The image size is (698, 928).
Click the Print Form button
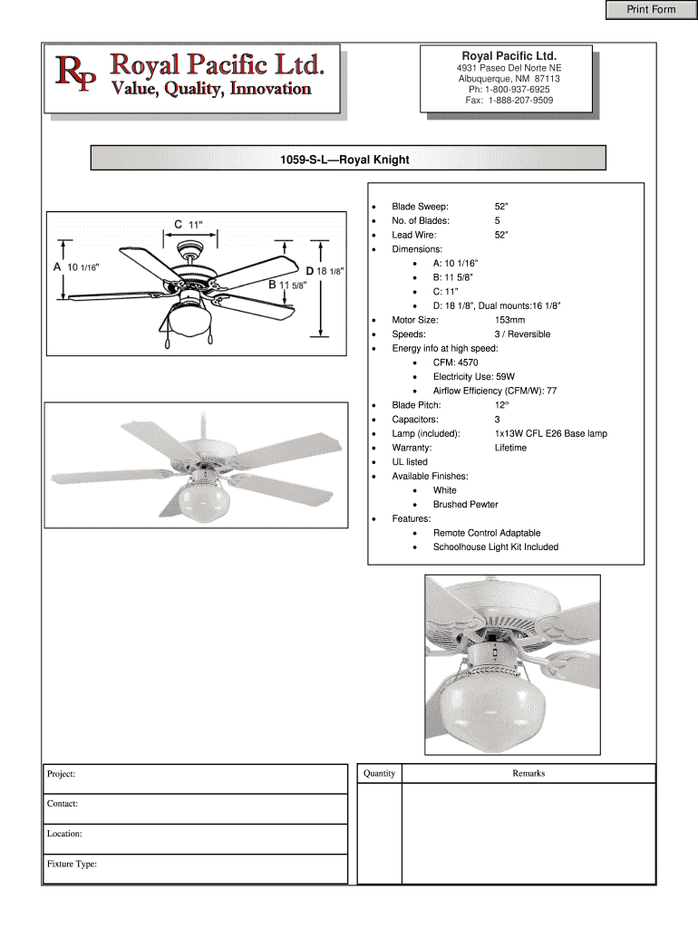651,10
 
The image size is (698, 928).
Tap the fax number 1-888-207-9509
519,101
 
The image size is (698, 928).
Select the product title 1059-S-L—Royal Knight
344,159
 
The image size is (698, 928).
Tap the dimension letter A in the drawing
57,267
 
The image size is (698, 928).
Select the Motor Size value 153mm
509,320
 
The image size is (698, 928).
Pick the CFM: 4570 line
455,362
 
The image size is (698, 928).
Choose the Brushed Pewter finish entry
465,505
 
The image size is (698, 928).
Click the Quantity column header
380,773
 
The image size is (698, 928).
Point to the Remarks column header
528,773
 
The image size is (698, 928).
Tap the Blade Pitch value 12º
501,405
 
